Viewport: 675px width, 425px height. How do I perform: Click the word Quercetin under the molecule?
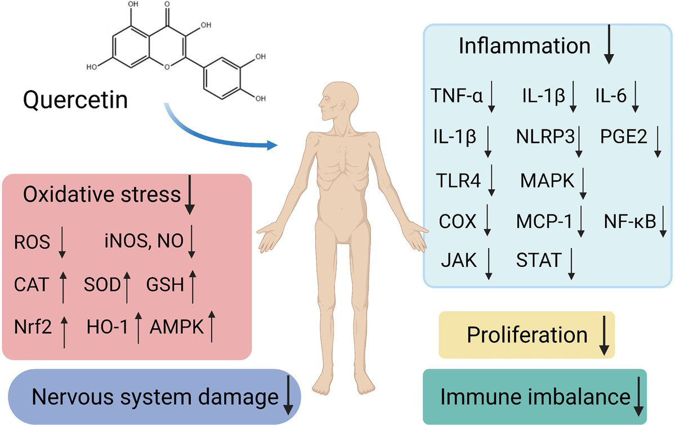75,101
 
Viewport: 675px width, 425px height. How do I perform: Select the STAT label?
539,260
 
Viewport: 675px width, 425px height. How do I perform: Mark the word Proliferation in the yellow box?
527,335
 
